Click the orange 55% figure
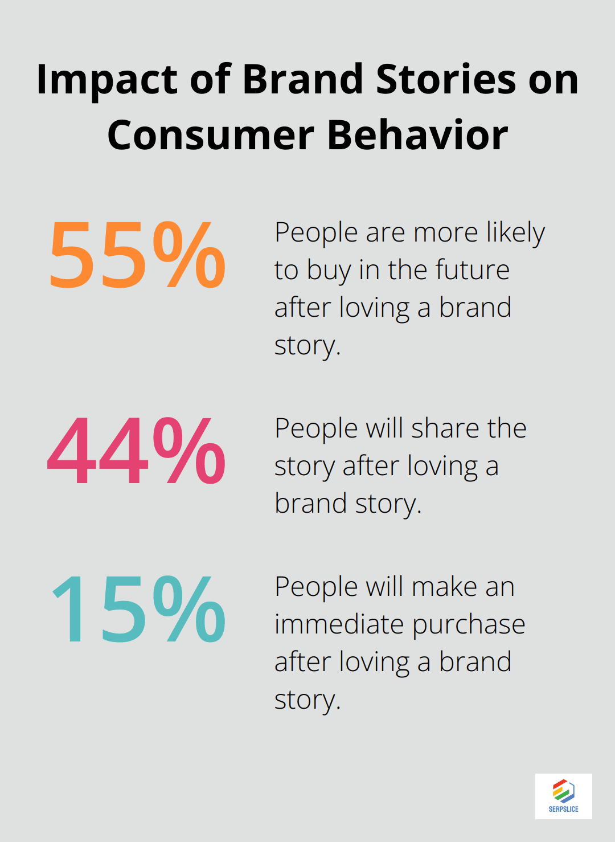[x=137, y=255]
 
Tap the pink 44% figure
[x=137, y=451]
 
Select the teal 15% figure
[x=138, y=610]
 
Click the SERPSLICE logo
[x=563, y=796]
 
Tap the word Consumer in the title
[x=211, y=136]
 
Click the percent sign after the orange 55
[x=189, y=255]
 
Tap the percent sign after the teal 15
[x=189, y=610]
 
